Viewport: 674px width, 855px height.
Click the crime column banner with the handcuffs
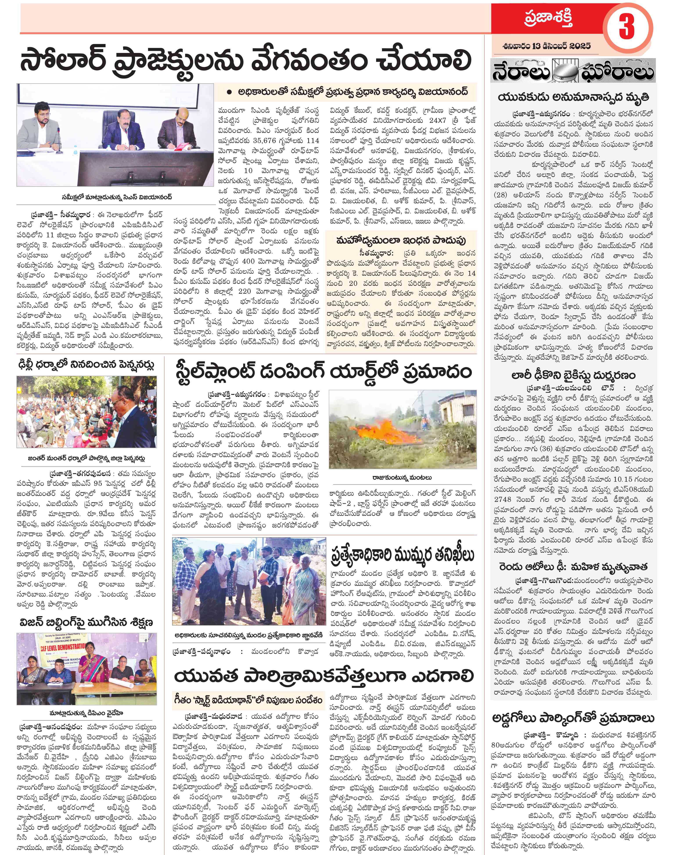(573, 71)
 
